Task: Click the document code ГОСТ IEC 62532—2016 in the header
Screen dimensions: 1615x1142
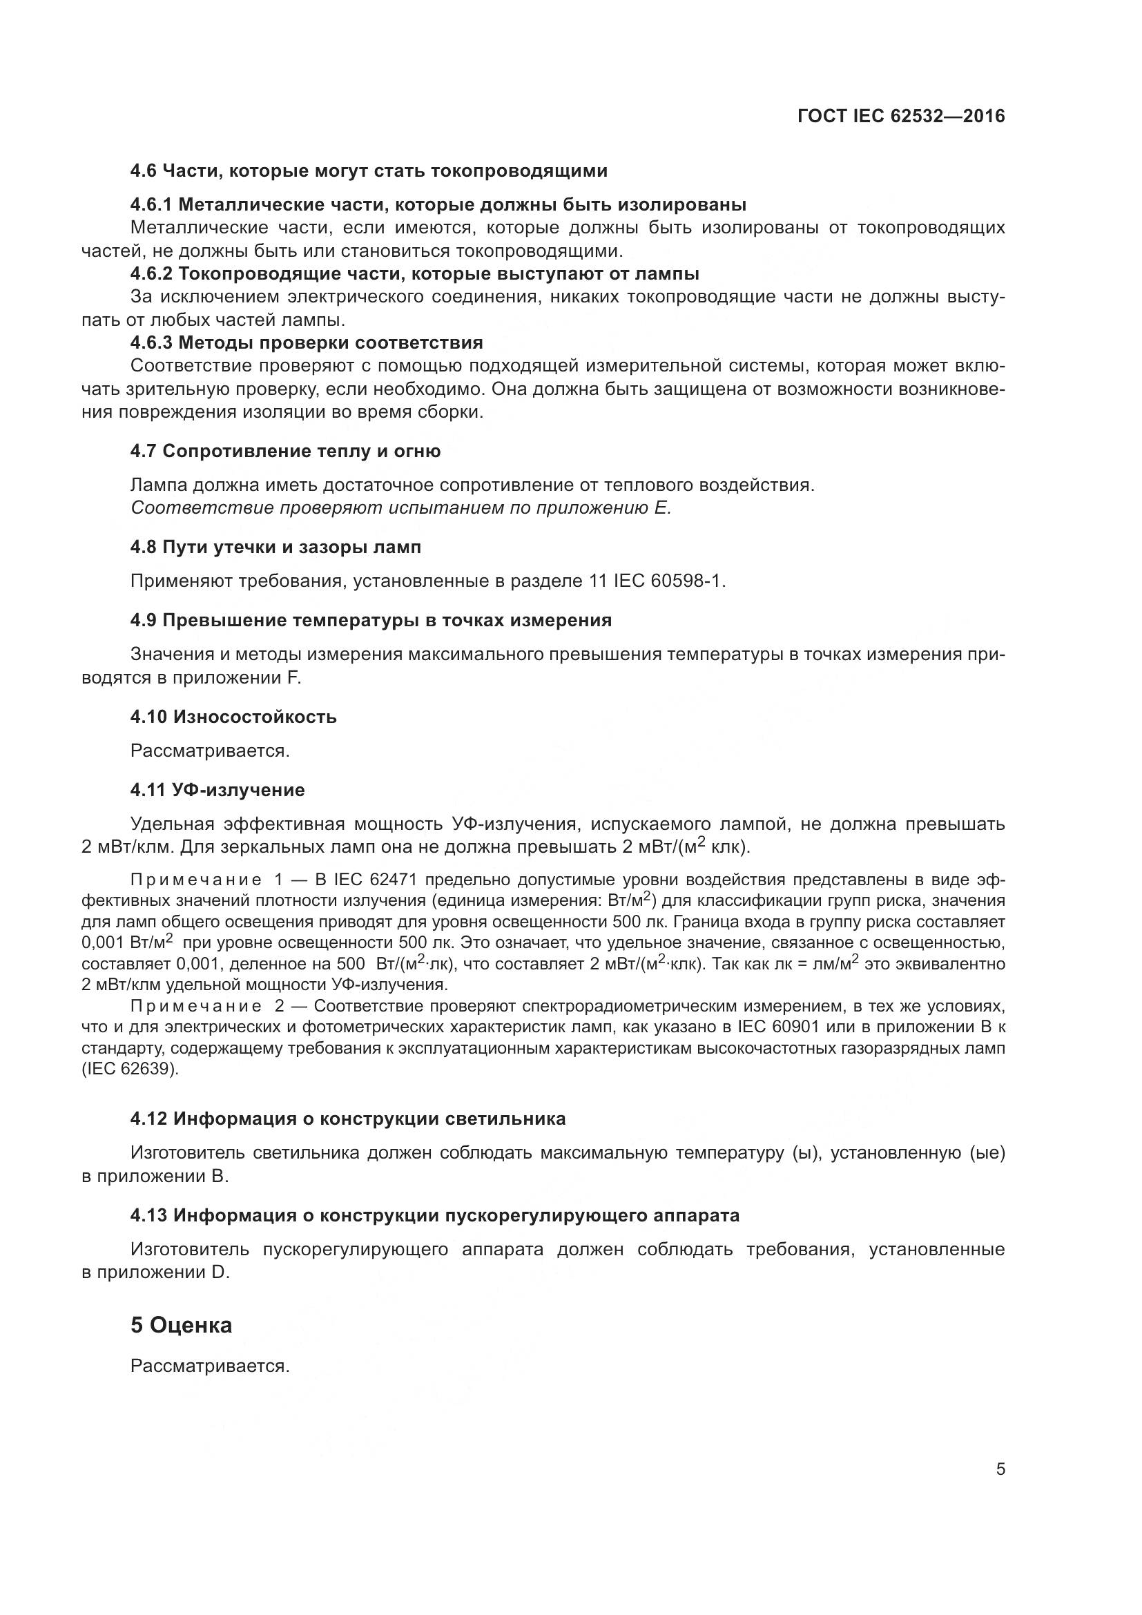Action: coord(902,117)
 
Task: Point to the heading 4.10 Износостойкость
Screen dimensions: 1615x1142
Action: coord(233,717)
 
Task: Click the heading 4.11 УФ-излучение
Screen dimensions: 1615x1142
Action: coord(217,790)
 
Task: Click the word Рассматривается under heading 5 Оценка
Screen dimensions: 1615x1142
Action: coord(211,1366)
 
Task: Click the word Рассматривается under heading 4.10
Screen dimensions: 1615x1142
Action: coord(211,751)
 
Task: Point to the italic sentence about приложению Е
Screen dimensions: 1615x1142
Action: coord(401,508)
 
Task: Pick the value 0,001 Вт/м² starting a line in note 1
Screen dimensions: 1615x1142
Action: coord(126,942)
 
